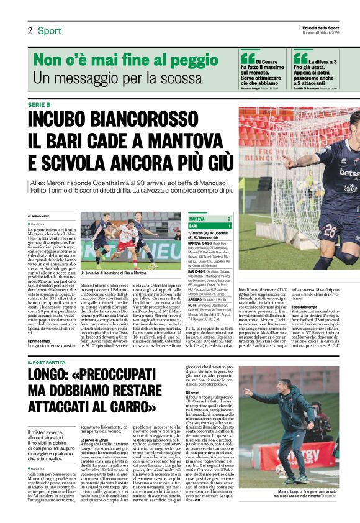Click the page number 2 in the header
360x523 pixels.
coord(29,30)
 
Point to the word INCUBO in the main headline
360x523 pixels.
coord(66,120)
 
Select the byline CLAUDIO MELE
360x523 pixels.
coord(38,216)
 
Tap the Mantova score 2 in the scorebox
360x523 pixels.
coord(228,219)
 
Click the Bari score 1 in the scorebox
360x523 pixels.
coord(228,225)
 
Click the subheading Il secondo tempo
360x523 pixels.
coord(309,307)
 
